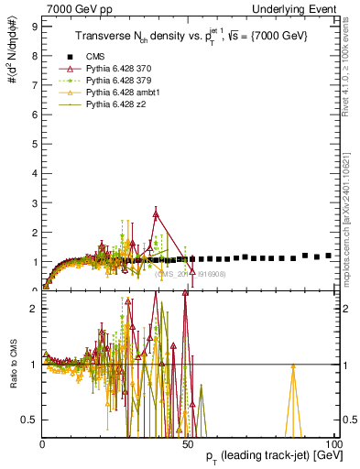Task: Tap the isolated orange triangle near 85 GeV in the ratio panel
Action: click(292, 365)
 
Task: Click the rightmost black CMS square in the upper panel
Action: click(329, 256)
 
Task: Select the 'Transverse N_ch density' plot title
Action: click(190, 37)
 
